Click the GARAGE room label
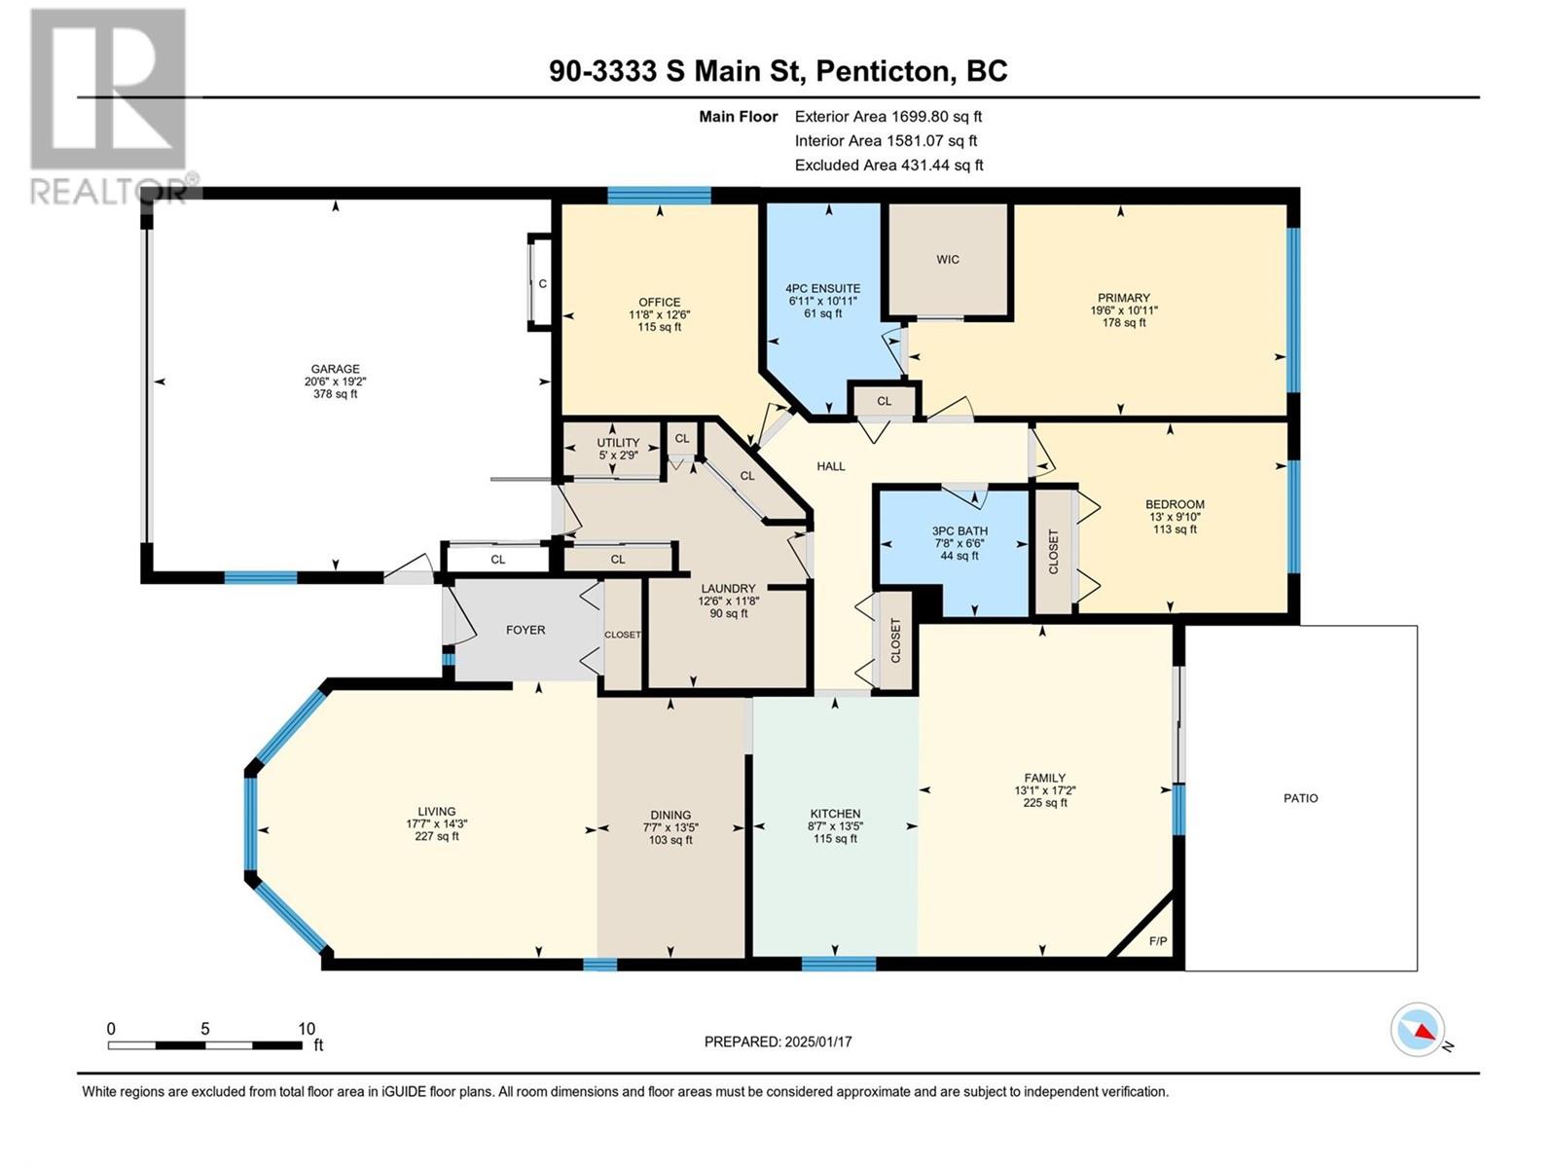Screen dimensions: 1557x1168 pos(335,369)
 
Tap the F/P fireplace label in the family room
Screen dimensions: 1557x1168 pos(1158,941)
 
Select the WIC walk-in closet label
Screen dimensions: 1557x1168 pos(948,260)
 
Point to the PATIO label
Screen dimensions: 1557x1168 pos(1301,798)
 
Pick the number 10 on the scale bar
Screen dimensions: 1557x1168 pos(307,1029)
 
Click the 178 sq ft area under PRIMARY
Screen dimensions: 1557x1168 pos(1124,323)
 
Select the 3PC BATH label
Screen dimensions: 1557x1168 pos(960,531)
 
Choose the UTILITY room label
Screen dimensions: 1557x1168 pos(618,443)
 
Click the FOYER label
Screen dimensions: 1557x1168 pos(525,630)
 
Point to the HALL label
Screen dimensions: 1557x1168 pos(831,466)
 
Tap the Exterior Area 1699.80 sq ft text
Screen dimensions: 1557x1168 pos(888,116)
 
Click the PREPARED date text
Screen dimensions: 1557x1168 pos(778,1041)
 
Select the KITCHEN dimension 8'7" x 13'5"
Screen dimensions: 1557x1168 pos(836,826)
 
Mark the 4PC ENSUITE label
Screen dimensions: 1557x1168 pos(823,289)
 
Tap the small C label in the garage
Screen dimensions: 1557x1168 pos(543,283)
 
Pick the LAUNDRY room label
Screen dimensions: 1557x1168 pos(728,589)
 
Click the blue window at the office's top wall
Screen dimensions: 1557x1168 pos(660,195)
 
